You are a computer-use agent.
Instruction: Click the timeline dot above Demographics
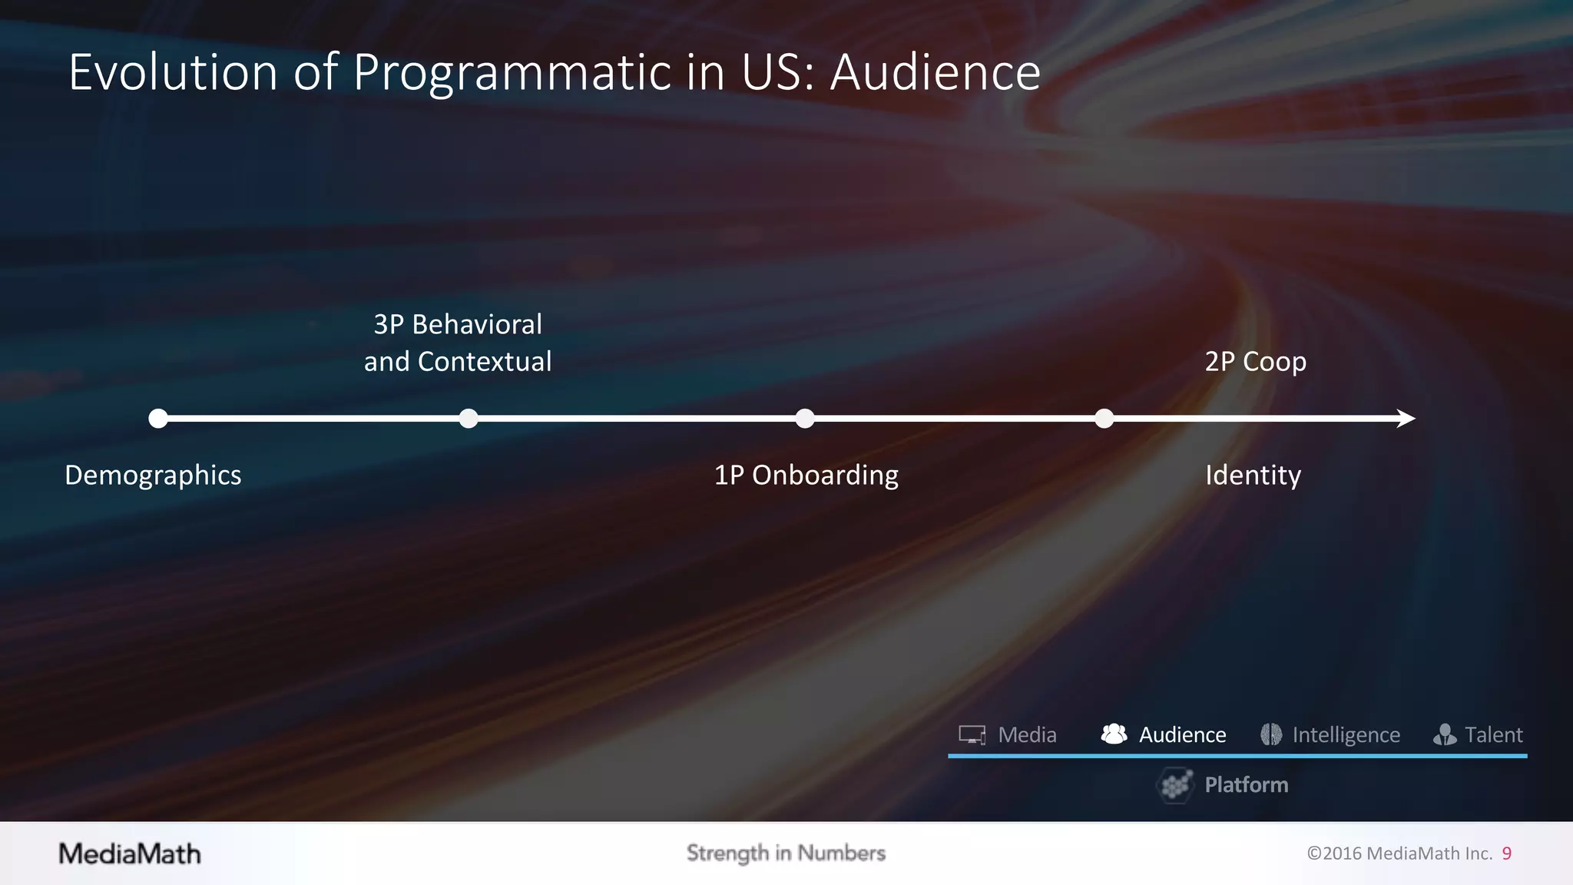point(158,419)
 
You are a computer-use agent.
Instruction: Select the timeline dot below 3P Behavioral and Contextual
point(469,419)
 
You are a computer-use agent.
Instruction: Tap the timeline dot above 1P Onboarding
point(805,419)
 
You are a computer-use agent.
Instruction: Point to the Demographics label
point(153,475)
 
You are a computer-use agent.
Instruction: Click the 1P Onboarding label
point(806,475)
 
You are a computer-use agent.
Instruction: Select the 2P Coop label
point(1255,361)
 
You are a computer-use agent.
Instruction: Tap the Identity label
point(1253,475)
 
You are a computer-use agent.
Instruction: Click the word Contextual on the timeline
point(485,361)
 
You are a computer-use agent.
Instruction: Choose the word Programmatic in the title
point(512,72)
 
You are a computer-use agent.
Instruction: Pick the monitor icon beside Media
point(972,735)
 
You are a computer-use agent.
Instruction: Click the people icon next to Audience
point(1114,734)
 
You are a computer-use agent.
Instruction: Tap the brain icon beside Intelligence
point(1271,734)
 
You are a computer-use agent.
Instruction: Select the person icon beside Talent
point(1445,735)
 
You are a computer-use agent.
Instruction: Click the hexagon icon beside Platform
point(1175,785)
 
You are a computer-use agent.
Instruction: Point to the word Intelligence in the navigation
point(1346,735)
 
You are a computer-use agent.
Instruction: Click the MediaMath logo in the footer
point(130,854)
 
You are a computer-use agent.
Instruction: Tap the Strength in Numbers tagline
point(786,853)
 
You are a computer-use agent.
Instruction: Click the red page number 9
point(1507,854)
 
